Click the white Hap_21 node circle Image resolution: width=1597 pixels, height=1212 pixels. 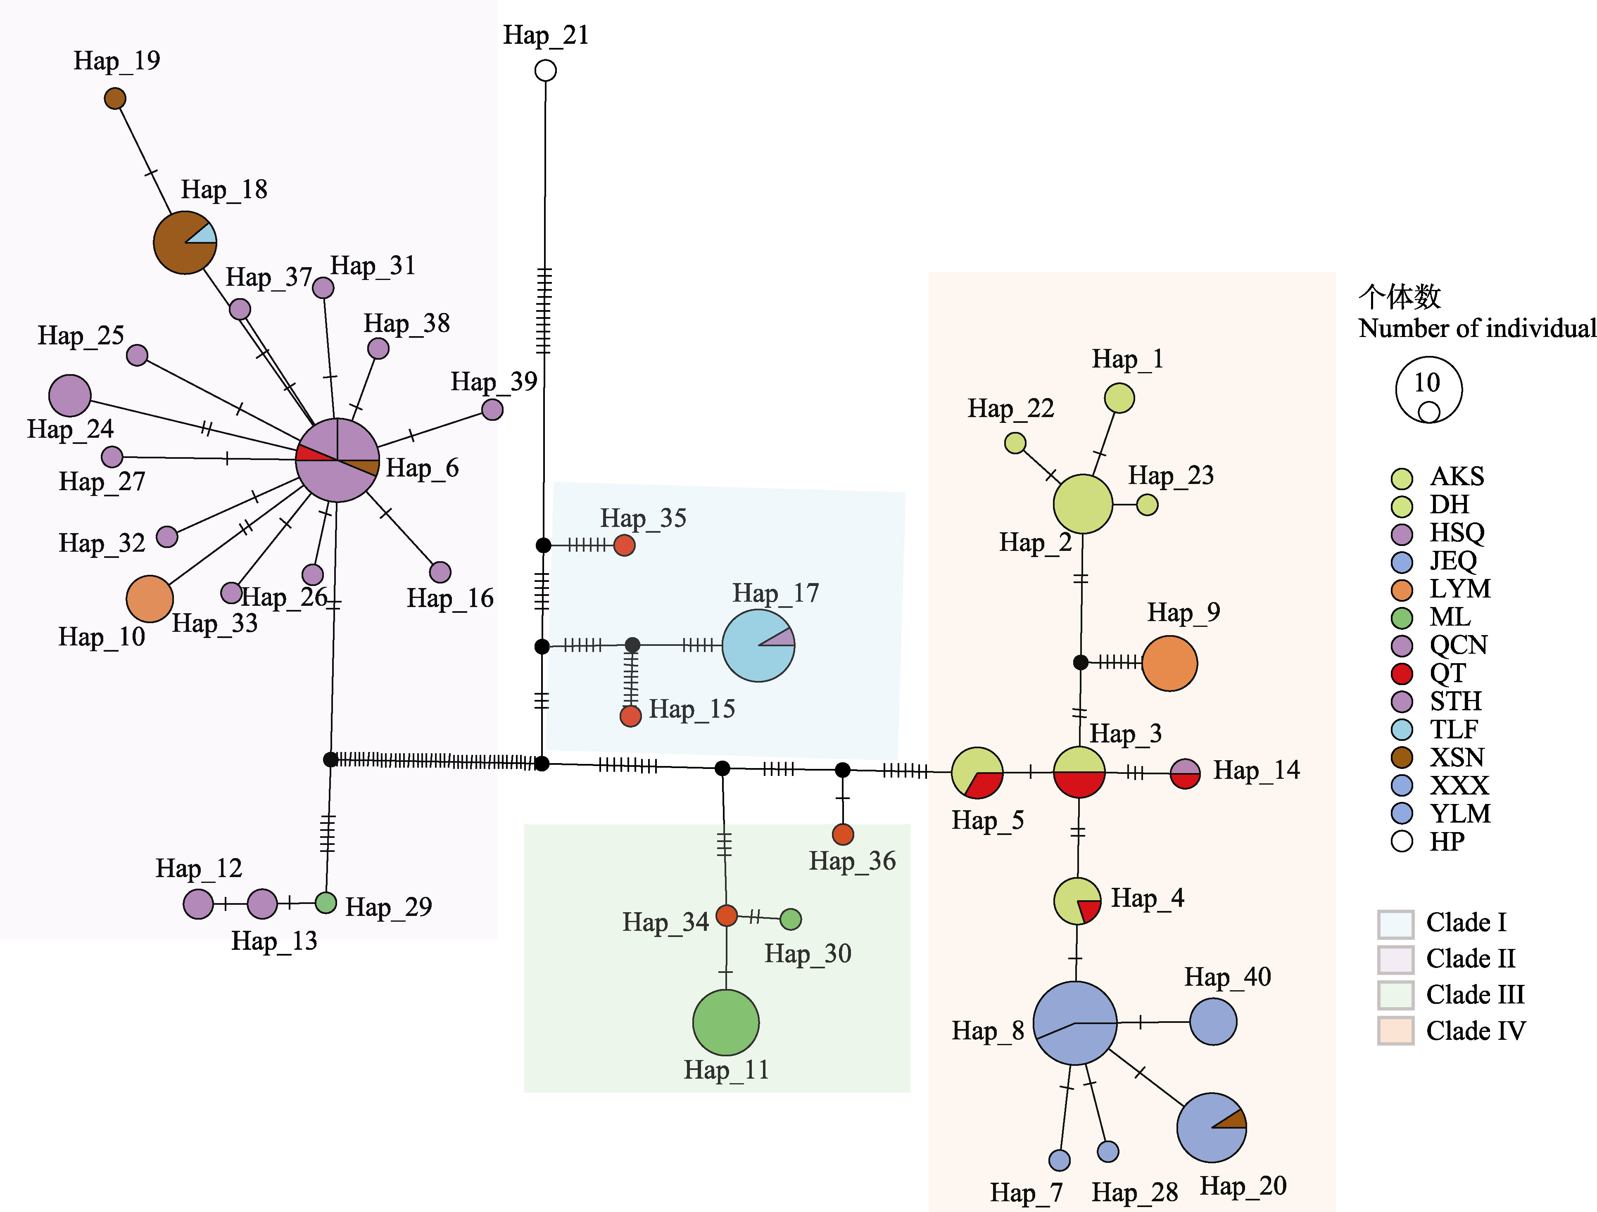545,71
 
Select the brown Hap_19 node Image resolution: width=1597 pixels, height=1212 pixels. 115,98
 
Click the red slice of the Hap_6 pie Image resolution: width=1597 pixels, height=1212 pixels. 311,454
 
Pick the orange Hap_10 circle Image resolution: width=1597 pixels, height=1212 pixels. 150,598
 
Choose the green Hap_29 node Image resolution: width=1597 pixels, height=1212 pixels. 326,902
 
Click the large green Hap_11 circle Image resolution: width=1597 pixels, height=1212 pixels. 725,1022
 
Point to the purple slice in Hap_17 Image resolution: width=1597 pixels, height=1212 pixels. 783,638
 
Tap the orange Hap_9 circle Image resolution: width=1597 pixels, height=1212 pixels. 1169,663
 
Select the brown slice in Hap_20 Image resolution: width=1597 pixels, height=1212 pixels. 1235,1119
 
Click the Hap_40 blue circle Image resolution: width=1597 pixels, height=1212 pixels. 1213,1022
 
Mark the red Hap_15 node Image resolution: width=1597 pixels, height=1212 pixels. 630,716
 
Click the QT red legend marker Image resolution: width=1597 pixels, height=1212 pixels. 1401,674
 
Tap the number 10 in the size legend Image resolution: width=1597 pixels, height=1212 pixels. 1427,382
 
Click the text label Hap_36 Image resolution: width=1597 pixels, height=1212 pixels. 852,861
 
